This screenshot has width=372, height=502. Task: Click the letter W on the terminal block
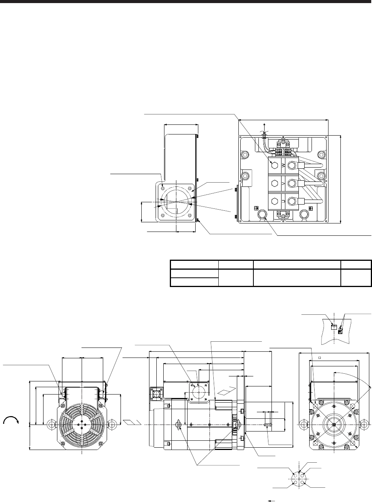(x=283, y=165)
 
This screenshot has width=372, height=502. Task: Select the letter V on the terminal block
(x=283, y=183)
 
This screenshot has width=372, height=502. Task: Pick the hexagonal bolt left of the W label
(x=274, y=165)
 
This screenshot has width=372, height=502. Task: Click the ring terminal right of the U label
(x=292, y=201)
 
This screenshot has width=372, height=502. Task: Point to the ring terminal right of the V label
(x=292, y=183)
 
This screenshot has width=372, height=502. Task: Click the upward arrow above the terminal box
(x=264, y=128)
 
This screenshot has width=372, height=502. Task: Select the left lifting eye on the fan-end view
(x=51, y=424)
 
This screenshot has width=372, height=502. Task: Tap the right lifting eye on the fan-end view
(x=112, y=424)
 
